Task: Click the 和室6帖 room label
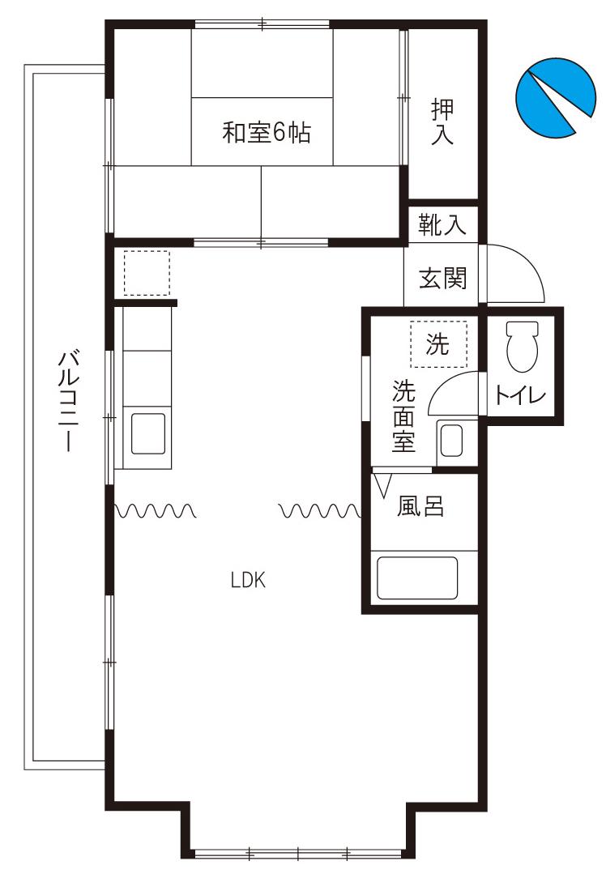click(266, 133)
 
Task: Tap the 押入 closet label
click(442, 122)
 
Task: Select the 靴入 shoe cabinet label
click(442, 224)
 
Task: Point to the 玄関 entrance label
click(442, 278)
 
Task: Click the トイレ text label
click(520, 396)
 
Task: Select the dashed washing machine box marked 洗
click(438, 343)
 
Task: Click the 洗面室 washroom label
click(403, 416)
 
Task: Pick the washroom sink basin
click(451, 441)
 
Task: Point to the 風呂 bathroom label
click(420, 506)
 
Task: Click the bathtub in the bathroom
click(417, 578)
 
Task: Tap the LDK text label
click(248, 581)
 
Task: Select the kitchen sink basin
click(148, 433)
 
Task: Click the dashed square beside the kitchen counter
click(146, 273)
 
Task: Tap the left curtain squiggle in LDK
click(155, 510)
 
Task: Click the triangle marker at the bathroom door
click(383, 486)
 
